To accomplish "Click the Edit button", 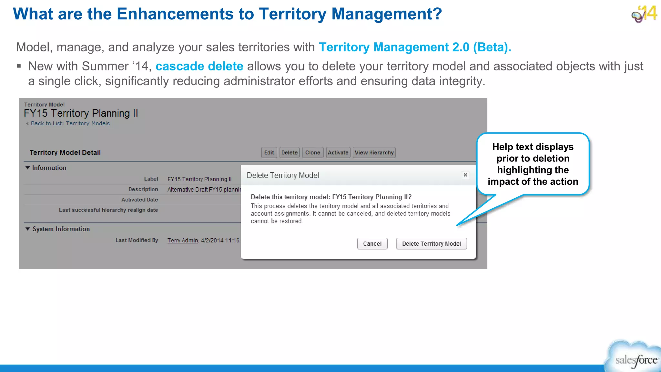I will (269, 152).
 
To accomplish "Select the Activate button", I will (338, 152).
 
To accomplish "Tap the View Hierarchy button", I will (374, 152).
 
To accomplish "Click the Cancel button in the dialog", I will (372, 243).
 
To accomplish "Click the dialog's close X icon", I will (465, 175).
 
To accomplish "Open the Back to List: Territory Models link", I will (70, 123).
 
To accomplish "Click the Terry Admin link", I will (183, 240).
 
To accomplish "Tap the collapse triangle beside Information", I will (28, 168).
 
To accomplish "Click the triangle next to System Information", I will (28, 229).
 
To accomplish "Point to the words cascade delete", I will (199, 66).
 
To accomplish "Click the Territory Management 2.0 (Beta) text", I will (415, 47).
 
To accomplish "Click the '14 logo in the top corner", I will (644, 14).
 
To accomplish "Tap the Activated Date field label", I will (139, 200).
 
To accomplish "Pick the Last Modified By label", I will (137, 240).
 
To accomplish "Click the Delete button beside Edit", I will (289, 152).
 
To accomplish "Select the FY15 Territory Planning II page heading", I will (81, 113).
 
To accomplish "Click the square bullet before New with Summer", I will (19, 66).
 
